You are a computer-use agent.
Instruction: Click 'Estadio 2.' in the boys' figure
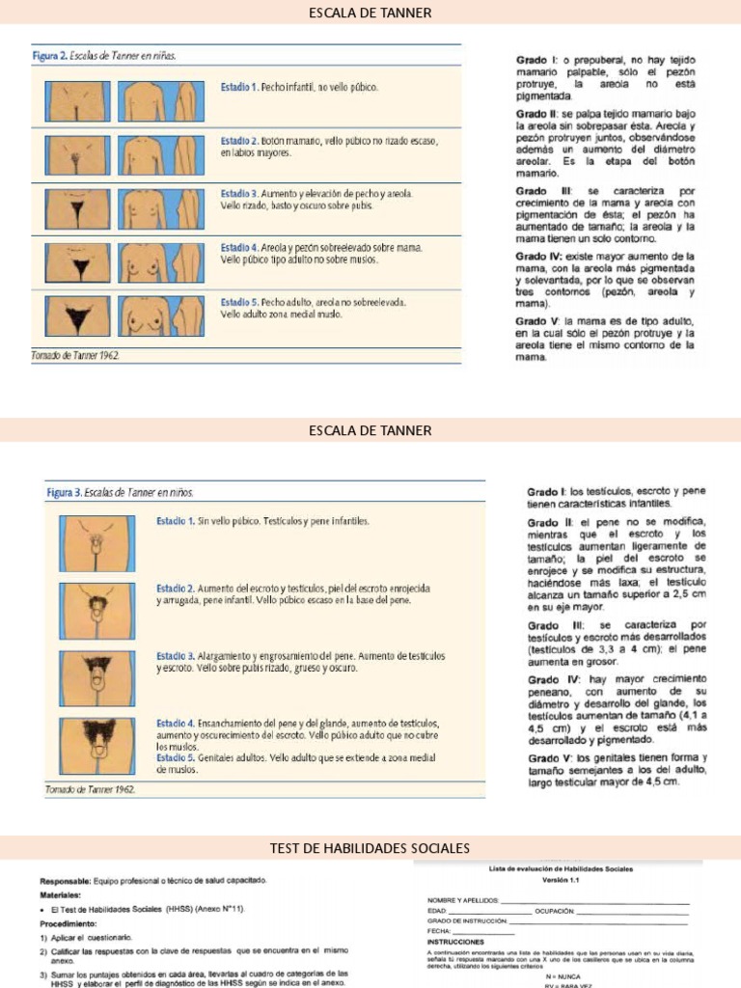(x=177, y=588)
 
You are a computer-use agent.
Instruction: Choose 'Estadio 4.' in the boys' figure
(x=177, y=723)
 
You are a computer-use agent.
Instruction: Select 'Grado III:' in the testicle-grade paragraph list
(x=550, y=624)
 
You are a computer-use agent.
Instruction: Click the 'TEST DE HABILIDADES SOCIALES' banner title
(x=370, y=848)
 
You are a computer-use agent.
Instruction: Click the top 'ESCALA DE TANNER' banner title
(x=370, y=13)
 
